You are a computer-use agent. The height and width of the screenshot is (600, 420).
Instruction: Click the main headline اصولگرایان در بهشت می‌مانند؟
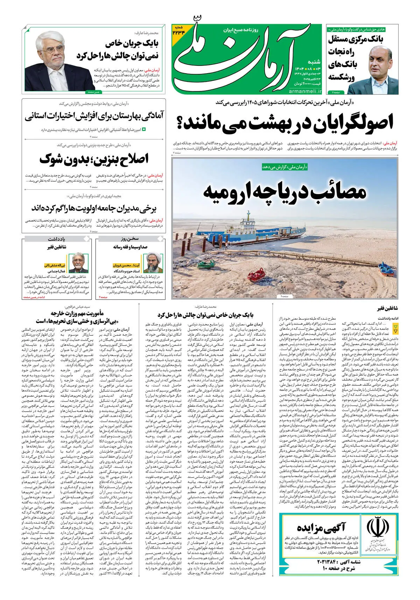point(285,123)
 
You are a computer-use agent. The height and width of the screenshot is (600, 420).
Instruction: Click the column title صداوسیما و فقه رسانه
point(130,247)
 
